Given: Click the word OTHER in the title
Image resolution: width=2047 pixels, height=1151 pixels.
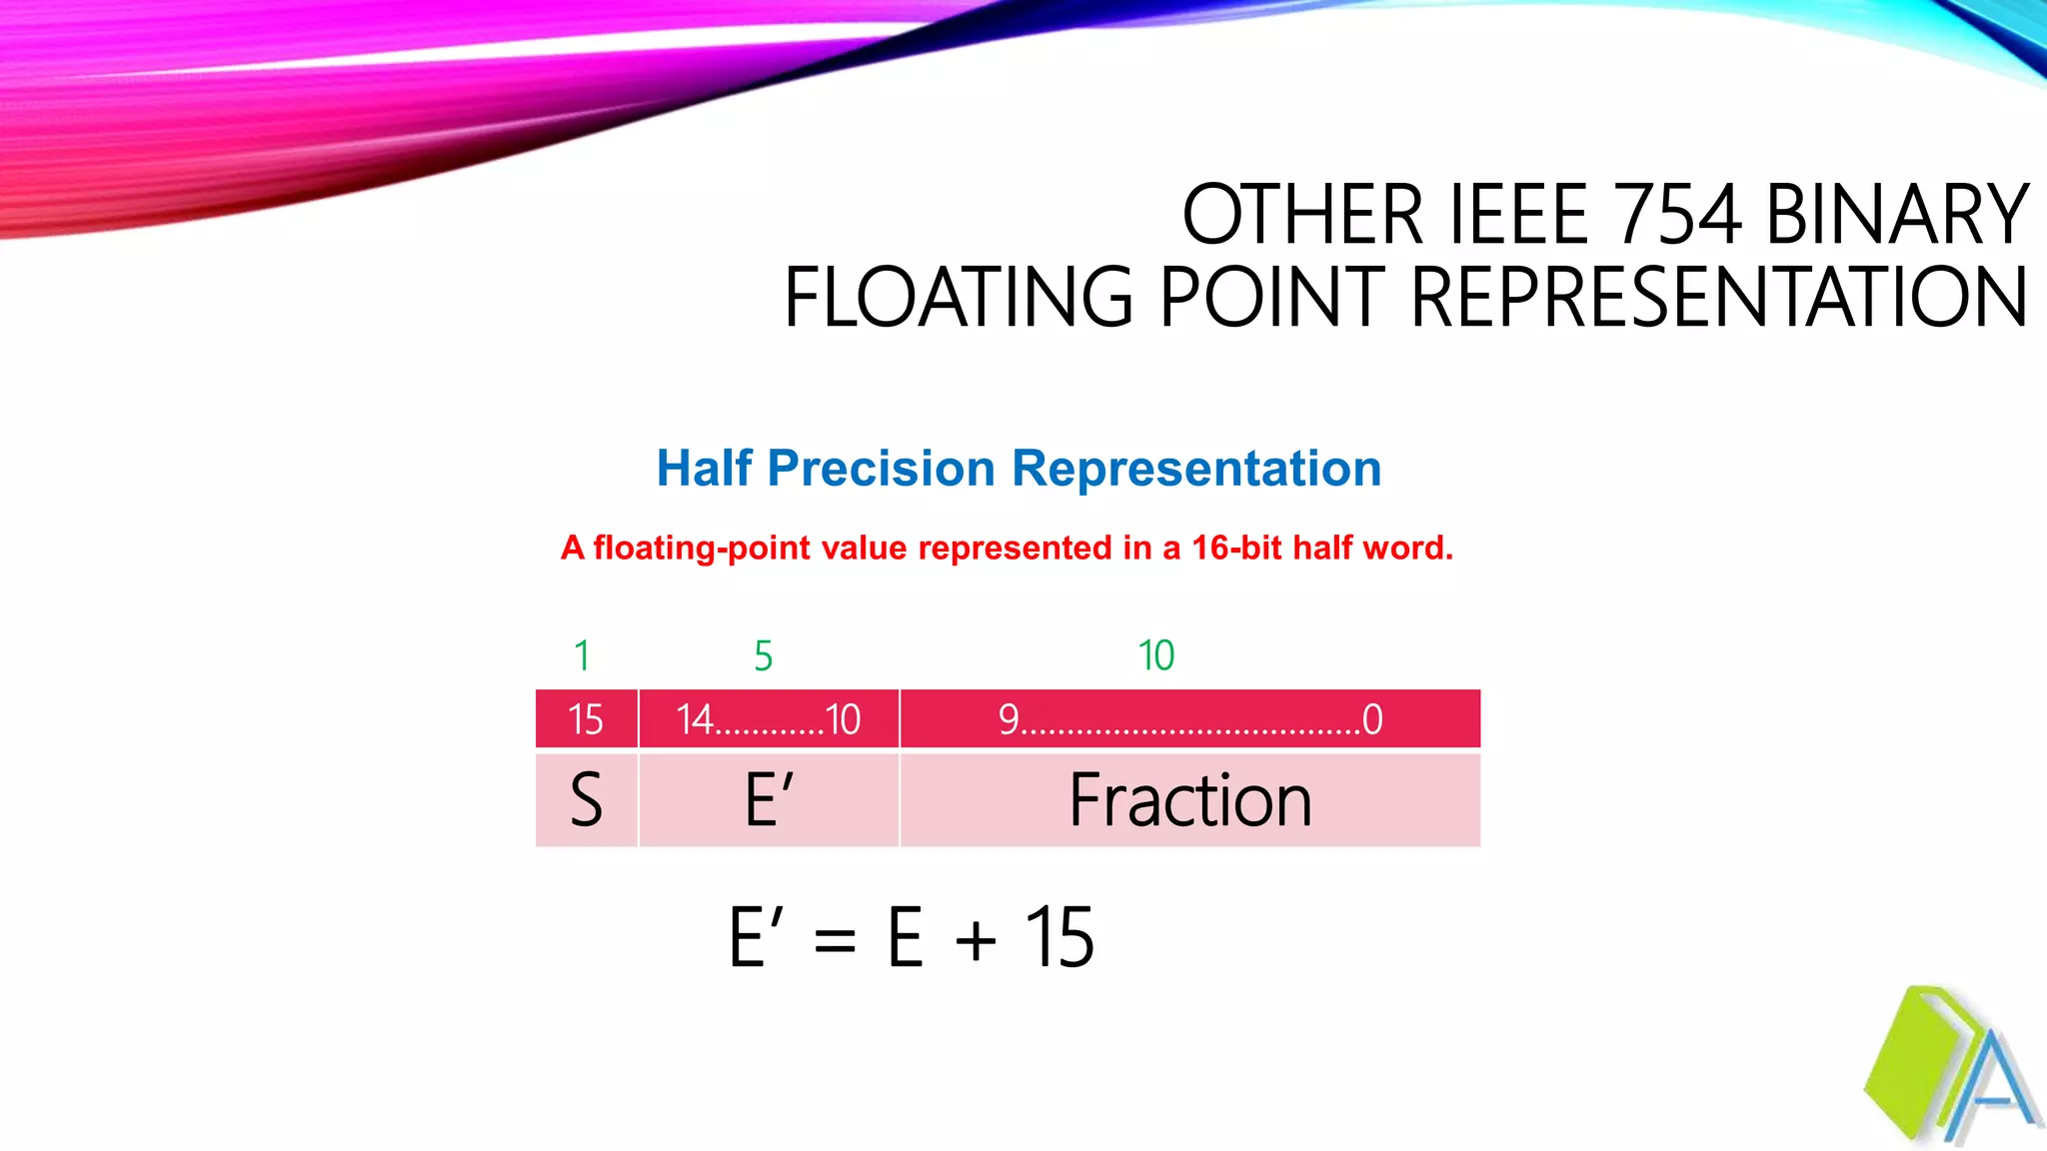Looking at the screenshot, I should pyautogui.click(x=1301, y=215).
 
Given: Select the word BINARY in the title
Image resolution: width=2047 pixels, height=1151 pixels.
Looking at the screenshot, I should pyautogui.click(x=1897, y=215).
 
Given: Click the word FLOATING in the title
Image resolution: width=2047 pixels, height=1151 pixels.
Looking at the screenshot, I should pyautogui.click(x=959, y=298).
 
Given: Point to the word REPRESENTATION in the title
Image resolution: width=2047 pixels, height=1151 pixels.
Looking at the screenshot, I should pyautogui.click(x=1719, y=298).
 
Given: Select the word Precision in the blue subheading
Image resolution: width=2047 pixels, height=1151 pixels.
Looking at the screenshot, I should pyautogui.click(x=882, y=468).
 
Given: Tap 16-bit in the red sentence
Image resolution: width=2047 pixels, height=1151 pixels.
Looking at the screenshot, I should pyautogui.click(x=1237, y=548).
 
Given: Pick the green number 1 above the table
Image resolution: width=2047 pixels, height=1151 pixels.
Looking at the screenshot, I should pyautogui.click(x=582, y=656).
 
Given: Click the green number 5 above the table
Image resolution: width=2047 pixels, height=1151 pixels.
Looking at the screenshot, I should pyautogui.click(x=764, y=656).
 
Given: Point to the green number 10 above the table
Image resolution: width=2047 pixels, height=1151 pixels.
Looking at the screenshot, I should pyautogui.click(x=1156, y=656).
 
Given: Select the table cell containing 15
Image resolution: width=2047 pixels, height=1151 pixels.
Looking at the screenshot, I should pyautogui.click(x=587, y=719).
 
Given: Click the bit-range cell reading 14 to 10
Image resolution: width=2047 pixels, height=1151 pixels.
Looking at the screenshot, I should pyautogui.click(x=769, y=719).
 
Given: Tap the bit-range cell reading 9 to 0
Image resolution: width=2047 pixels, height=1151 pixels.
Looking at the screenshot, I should pyautogui.click(x=1190, y=719).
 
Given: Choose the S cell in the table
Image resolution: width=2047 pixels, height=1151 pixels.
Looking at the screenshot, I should pyautogui.click(x=587, y=800).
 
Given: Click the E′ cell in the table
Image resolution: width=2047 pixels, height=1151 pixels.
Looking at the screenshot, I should pyautogui.click(x=769, y=800).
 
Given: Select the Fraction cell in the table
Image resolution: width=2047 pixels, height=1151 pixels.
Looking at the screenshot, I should pyautogui.click(x=1190, y=800).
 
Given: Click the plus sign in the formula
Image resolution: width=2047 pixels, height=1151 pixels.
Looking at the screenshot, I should pyautogui.click(x=976, y=940).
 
